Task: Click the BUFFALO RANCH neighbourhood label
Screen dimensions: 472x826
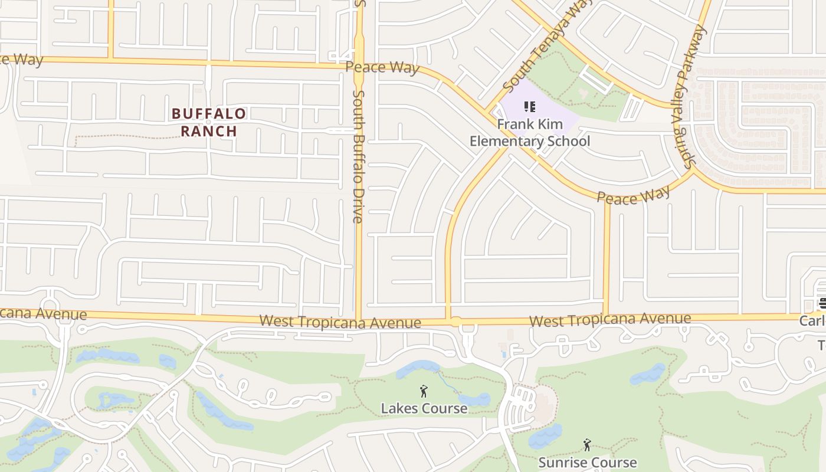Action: click(208, 122)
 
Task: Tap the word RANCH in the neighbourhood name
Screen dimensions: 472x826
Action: click(208, 131)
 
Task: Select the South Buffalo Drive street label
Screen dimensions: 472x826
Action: click(358, 156)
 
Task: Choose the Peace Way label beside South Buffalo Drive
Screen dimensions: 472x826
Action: click(382, 67)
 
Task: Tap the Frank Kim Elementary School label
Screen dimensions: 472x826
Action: click(530, 133)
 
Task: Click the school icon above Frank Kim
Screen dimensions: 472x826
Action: click(530, 107)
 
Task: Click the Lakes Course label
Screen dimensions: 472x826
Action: click(424, 408)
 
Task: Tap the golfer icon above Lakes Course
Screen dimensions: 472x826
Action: click(423, 391)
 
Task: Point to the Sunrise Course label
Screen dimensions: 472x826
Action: click(587, 462)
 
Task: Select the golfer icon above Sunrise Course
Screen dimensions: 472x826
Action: click(587, 445)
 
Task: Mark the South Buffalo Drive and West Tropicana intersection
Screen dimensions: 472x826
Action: click(358, 320)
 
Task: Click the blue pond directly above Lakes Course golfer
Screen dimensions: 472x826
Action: click(418, 369)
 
